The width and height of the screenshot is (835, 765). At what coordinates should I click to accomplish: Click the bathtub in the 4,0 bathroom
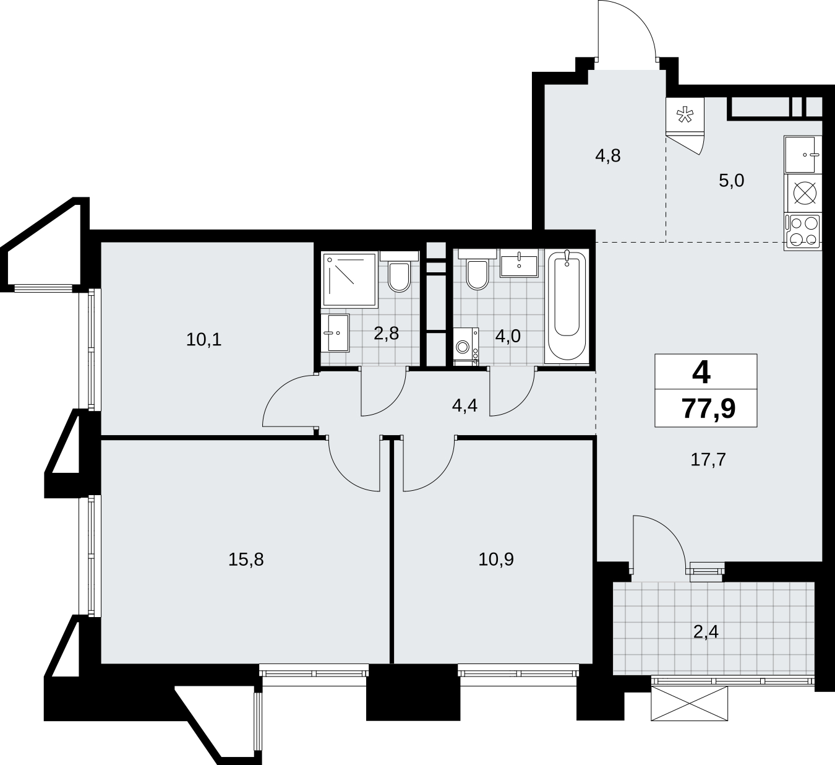(x=567, y=306)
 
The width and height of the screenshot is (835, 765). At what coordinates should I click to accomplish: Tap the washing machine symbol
(x=466, y=347)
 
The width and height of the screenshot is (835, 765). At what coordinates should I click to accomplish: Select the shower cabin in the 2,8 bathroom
(x=349, y=280)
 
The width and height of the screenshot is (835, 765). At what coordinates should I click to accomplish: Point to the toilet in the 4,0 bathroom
(x=477, y=270)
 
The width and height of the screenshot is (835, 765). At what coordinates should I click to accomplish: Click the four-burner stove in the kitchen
(x=803, y=232)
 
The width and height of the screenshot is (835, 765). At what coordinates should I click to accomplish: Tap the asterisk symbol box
(x=685, y=115)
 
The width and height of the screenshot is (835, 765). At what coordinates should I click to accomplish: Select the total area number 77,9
(x=708, y=409)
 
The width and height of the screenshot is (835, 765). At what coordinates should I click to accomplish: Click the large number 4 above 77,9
(x=701, y=373)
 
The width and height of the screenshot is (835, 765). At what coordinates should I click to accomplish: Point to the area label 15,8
(x=246, y=560)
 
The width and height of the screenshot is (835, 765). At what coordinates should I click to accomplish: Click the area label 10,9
(x=496, y=560)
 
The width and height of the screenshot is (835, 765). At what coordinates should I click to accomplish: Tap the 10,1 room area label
(x=203, y=340)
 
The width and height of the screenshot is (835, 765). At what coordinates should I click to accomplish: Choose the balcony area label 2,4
(x=706, y=633)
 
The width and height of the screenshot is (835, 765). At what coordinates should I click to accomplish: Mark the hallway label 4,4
(x=465, y=405)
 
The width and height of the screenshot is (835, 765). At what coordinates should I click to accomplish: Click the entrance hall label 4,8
(x=608, y=156)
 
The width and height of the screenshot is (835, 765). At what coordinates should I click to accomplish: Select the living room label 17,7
(x=708, y=460)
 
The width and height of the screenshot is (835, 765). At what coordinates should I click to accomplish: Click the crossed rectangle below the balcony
(x=689, y=704)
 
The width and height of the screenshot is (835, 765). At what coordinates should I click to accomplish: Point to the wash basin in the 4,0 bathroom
(x=519, y=263)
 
